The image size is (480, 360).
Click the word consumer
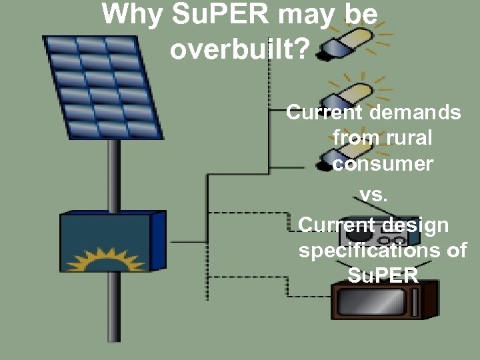[382, 163]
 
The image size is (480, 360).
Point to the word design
[416, 225]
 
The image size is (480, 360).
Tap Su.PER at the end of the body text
[382, 275]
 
